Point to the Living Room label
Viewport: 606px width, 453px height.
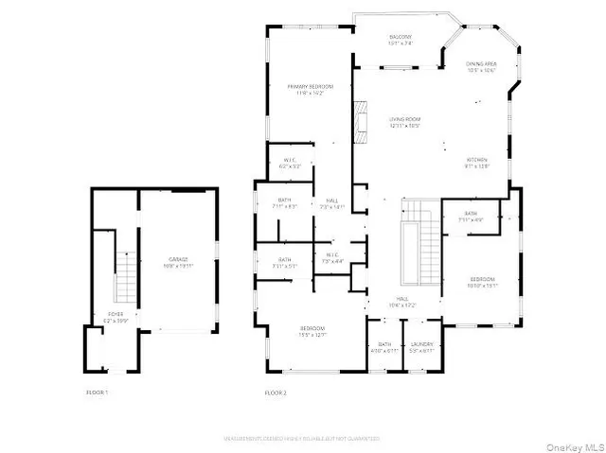point(404,122)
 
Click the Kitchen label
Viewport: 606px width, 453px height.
point(476,163)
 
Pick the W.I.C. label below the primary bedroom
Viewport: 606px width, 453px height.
point(291,163)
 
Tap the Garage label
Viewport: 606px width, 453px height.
point(179,262)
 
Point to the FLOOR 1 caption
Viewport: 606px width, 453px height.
point(97,392)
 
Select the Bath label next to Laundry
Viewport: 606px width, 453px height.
point(384,346)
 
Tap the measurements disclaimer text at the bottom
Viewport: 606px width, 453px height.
point(303,438)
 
